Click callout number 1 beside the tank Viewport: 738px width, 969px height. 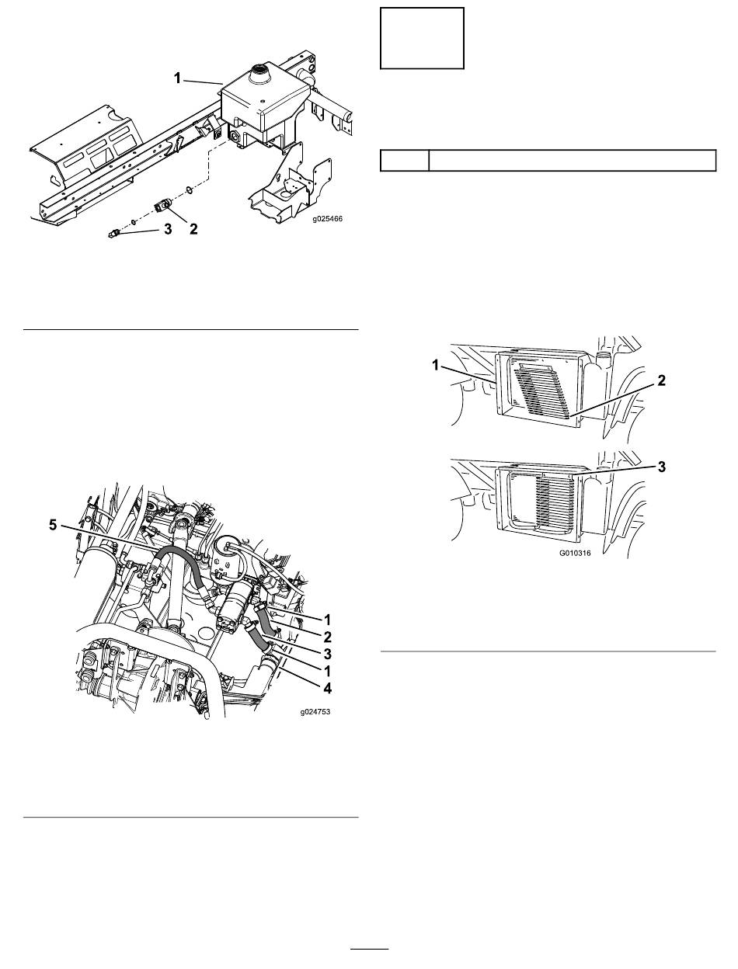[177, 78]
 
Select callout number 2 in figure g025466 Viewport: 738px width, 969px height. [193, 229]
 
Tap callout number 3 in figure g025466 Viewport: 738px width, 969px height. [168, 229]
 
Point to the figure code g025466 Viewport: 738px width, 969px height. [327, 219]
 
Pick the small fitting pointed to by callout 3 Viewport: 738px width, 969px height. [114, 232]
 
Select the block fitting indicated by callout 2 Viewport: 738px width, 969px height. [162, 206]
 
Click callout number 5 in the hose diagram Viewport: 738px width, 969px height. [53, 526]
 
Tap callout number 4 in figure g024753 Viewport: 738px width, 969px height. [327, 688]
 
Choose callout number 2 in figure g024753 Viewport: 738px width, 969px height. [327, 637]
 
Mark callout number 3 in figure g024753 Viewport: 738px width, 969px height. [327, 654]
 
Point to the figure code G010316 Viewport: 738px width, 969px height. [575, 553]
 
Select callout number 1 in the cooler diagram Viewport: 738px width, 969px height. [436, 365]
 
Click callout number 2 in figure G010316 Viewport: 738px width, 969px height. [661, 380]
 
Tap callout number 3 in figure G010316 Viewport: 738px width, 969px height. [661, 467]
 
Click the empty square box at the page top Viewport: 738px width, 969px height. [422, 38]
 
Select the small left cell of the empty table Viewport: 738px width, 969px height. [405, 160]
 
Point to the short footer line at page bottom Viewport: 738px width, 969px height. [370, 948]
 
